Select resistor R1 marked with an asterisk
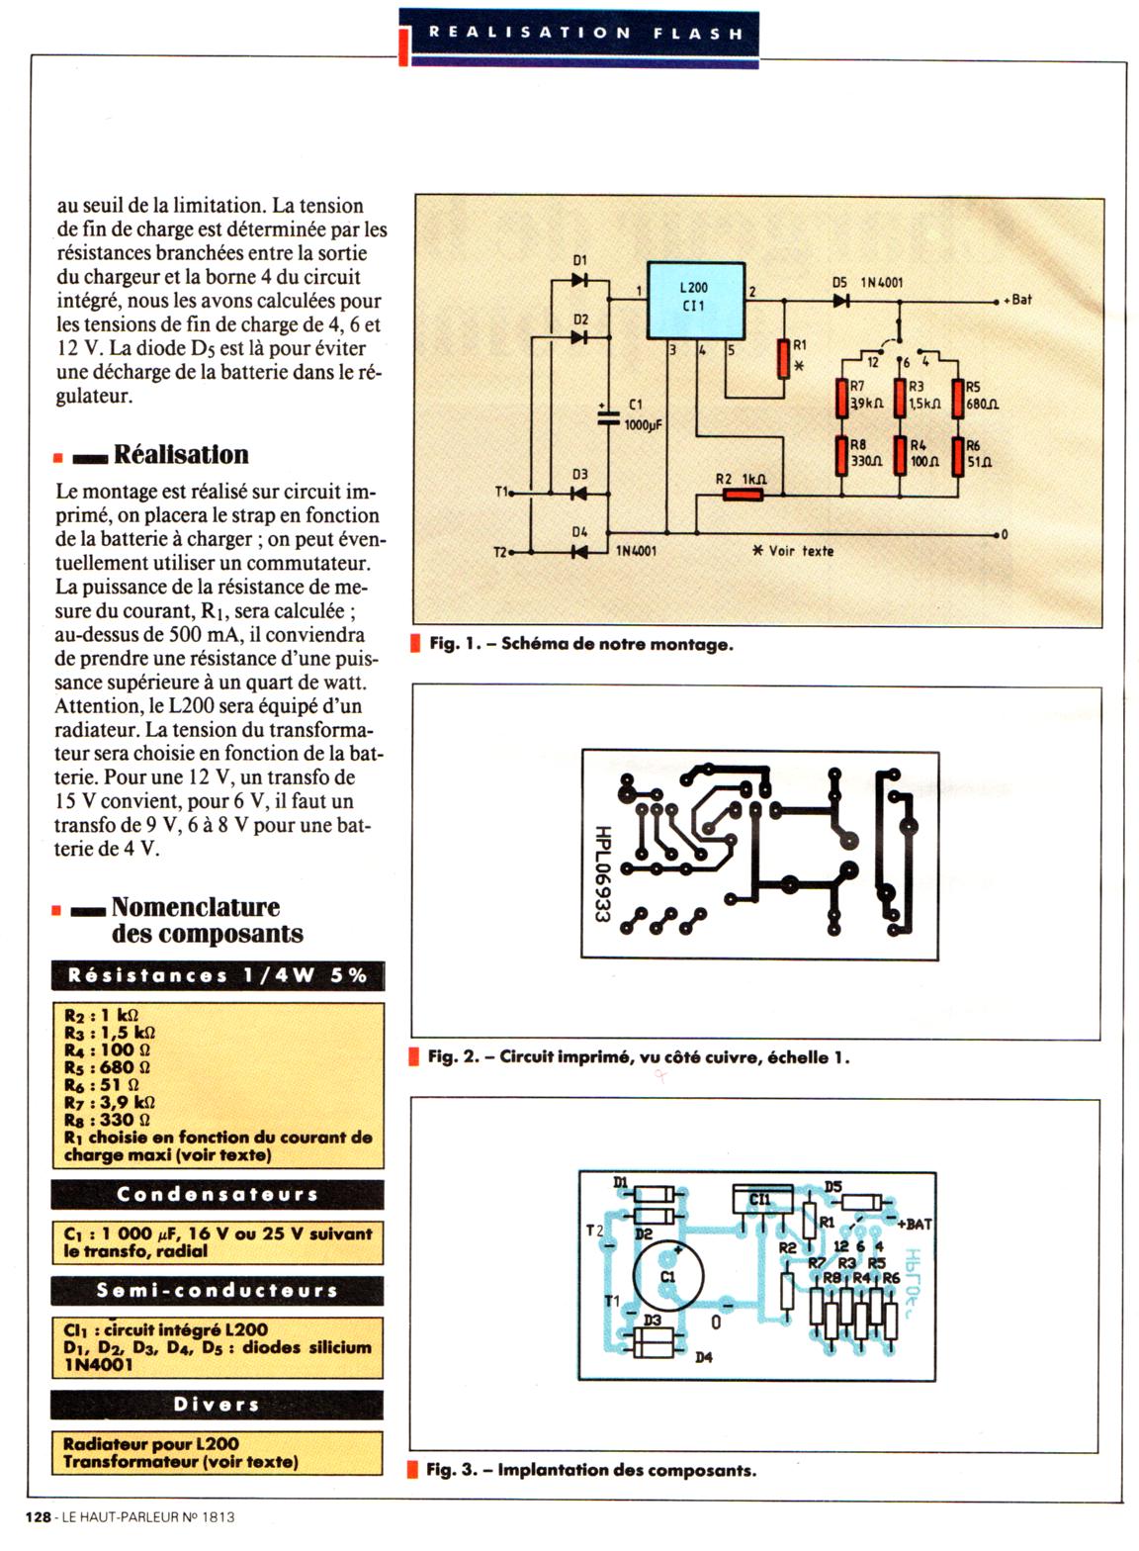783,358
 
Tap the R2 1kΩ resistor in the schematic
744,494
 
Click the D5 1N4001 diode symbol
841,300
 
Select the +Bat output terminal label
1018,300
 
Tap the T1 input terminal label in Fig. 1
501,492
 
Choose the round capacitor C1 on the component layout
667,1275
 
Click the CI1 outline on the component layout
763,1200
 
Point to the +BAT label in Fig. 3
916,1224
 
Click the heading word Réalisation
181,455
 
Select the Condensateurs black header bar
218,1195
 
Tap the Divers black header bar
218,1405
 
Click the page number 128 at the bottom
38,1516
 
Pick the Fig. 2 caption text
638,1057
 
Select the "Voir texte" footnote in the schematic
793,551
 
